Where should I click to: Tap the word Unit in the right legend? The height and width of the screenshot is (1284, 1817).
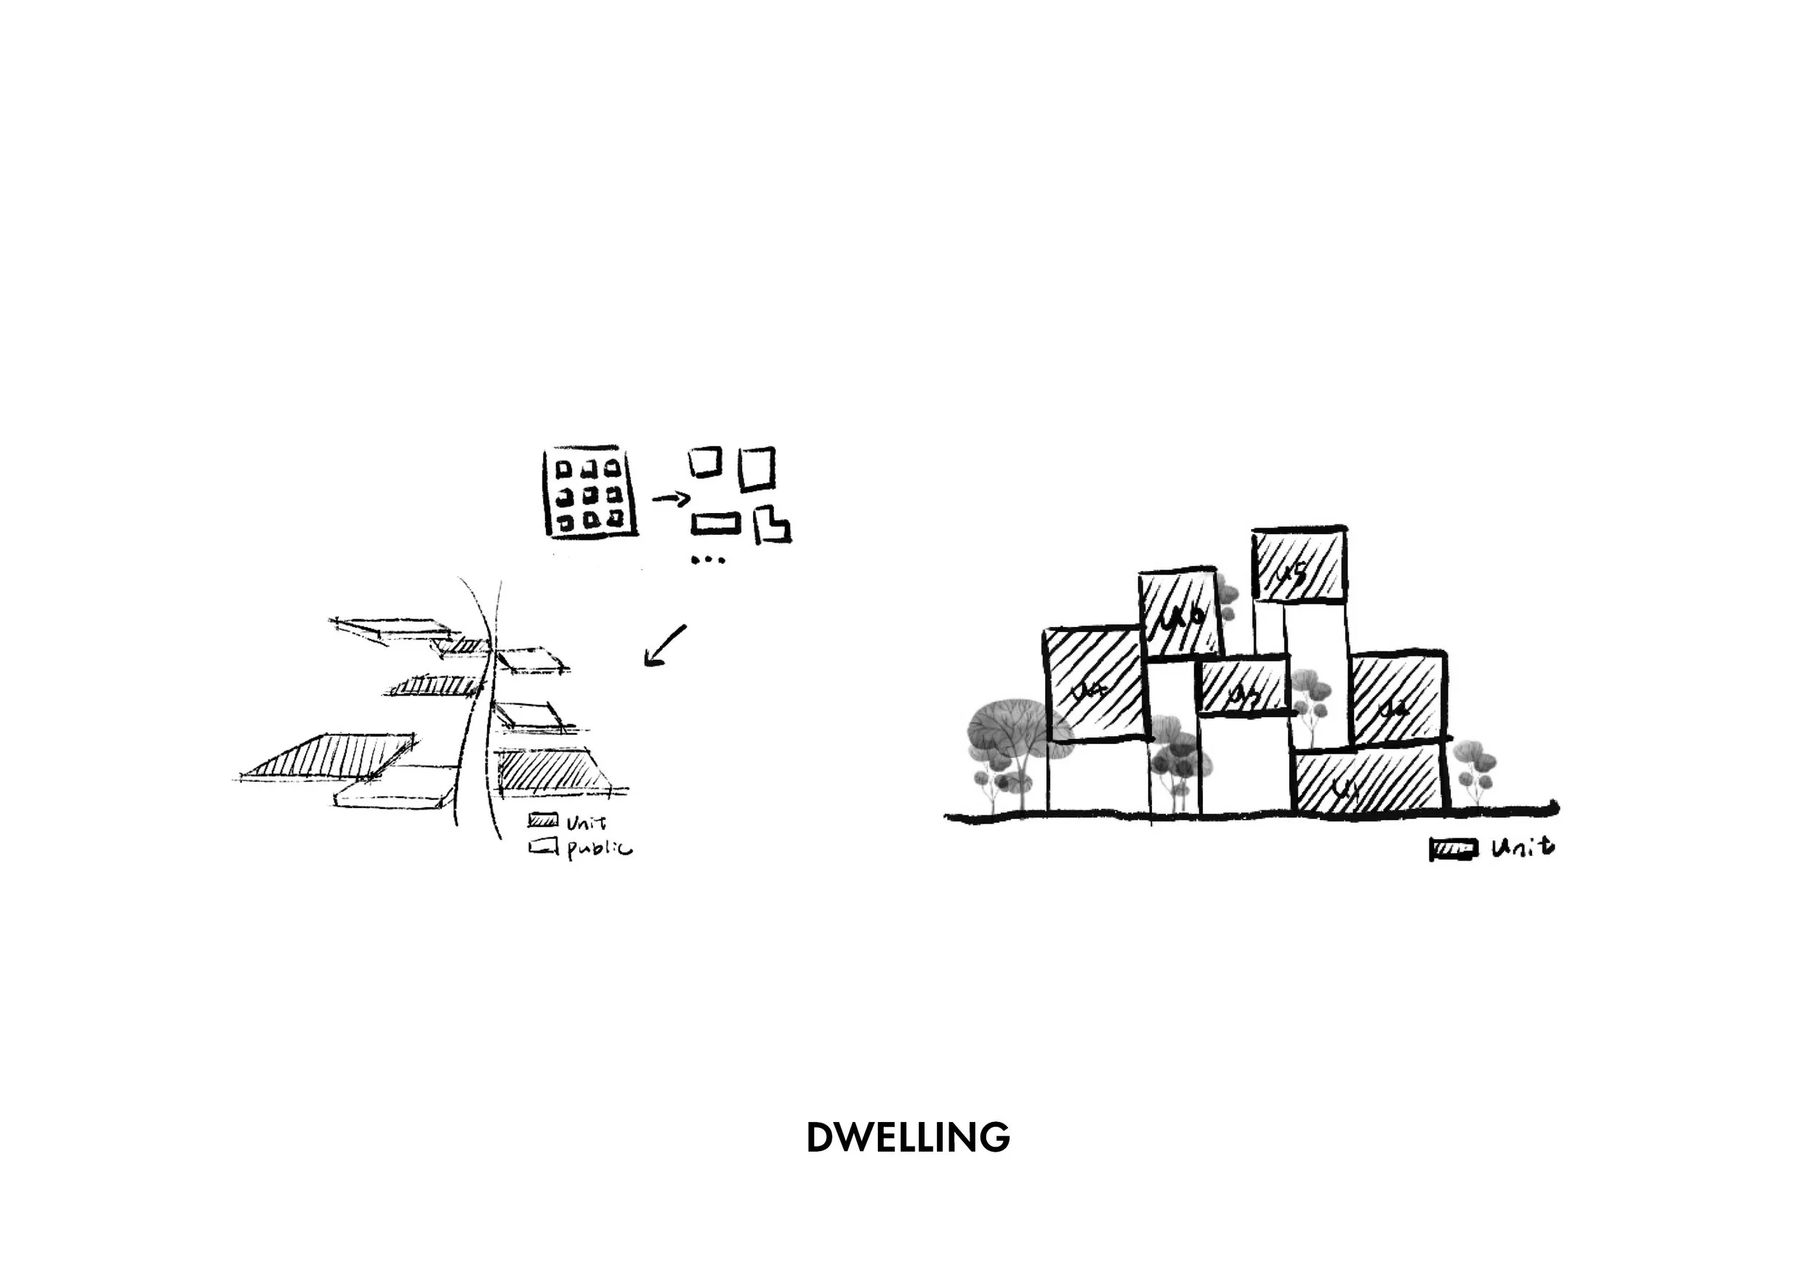click(x=1523, y=849)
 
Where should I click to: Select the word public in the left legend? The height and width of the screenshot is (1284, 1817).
click(x=599, y=849)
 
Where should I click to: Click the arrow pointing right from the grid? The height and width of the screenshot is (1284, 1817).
click(x=670, y=498)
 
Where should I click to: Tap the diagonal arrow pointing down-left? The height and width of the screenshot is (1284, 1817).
click(x=665, y=645)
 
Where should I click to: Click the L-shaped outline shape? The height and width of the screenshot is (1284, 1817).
click(x=771, y=526)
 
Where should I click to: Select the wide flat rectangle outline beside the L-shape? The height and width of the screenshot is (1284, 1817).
click(x=716, y=523)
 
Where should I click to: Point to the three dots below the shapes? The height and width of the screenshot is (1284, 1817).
click(x=707, y=560)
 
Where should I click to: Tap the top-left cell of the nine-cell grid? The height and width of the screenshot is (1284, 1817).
click(x=563, y=469)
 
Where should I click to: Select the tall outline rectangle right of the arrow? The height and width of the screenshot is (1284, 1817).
click(x=756, y=469)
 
